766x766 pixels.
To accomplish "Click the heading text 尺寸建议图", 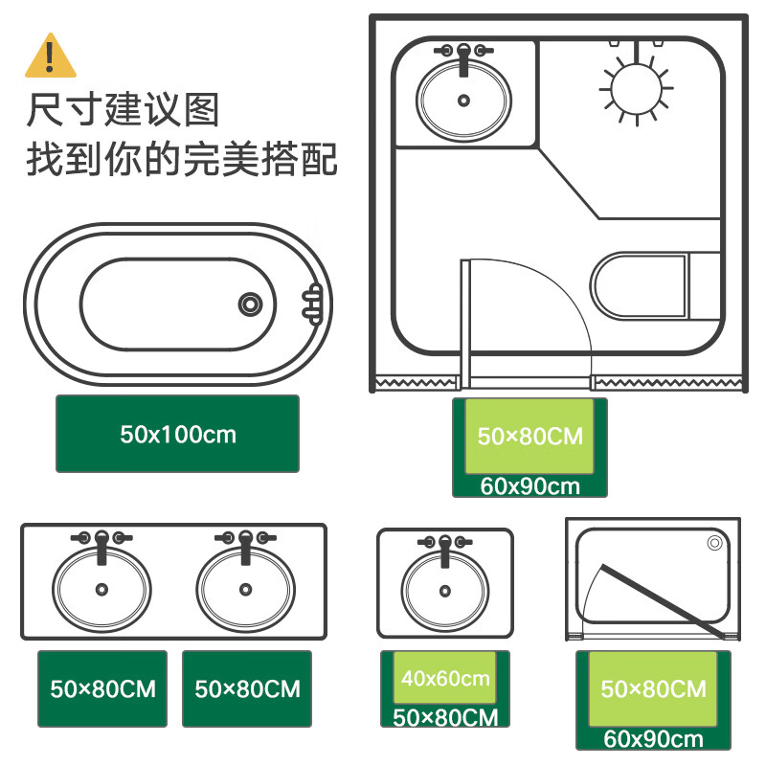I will click(123, 109).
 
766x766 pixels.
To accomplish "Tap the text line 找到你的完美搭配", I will click(181, 159).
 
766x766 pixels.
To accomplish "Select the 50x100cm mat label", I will click(177, 434).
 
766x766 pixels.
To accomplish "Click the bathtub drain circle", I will click(250, 303).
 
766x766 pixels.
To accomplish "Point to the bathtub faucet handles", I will click(312, 303).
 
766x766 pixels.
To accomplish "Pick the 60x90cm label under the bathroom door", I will click(530, 485).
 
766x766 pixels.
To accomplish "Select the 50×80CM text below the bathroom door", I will click(529, 436).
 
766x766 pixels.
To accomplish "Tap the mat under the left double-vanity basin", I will click(102, 688).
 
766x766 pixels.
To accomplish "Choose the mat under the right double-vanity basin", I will click(247, 688).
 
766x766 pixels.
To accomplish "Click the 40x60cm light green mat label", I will click(445, 679).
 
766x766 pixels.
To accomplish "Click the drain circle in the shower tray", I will click(714, 543).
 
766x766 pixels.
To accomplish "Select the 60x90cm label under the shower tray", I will click(653, 739).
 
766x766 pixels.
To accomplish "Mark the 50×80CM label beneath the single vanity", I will click(445, 717).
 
